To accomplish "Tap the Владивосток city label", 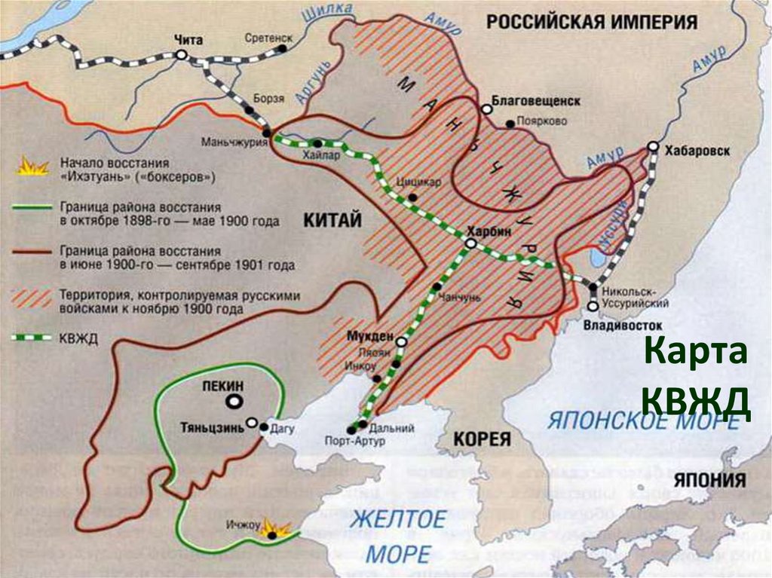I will pyautogui.click(x=623, y=325).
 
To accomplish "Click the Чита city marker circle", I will pyautogui.click(x=181, y=54).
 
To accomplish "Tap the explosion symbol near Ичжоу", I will pyautogui.click(x=274, y=531).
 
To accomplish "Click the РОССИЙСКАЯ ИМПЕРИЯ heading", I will pyautogui.click(x=591, y=21).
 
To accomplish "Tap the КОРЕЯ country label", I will pyautogui.click(x=482, y=440).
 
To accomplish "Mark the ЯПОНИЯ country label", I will pyautogui.click(x=709, y=481).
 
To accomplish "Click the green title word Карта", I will pyautogui.click(x=697, y=355).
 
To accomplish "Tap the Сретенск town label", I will pyautogui.click(x=266, y=35).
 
